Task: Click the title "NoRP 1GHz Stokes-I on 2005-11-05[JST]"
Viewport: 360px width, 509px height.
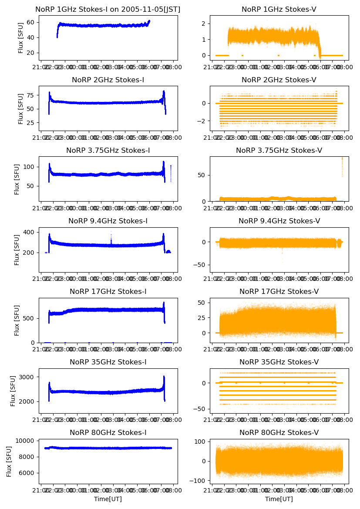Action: [x=108, y=9]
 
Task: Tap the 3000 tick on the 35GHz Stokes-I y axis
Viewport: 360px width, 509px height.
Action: [x=27, y=377]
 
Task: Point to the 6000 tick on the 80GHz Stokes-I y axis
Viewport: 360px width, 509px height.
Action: [x=27, y=473]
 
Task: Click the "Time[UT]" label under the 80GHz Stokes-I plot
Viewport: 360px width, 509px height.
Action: [x=108, y=499]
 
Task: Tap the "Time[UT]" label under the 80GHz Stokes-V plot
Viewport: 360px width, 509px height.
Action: [x=279, y=499]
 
